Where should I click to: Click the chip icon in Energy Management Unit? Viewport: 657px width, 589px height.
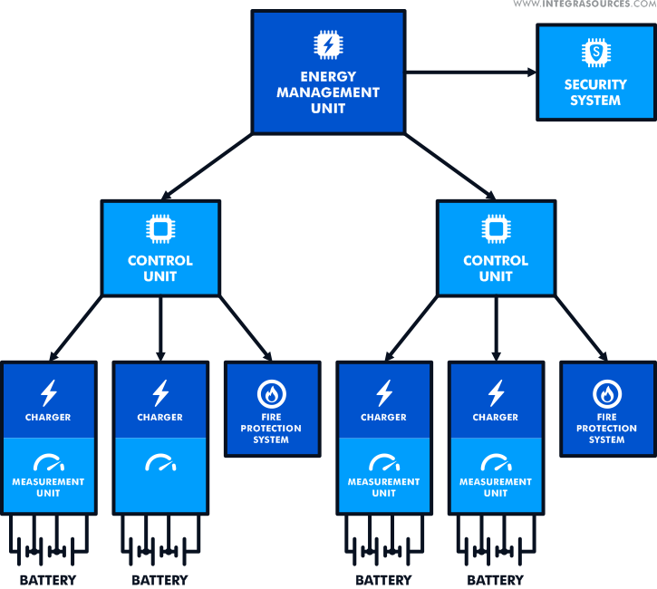(327, 44)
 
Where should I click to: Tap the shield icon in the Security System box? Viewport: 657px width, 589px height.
(595, 55)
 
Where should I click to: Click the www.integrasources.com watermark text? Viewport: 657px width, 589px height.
(584, 5)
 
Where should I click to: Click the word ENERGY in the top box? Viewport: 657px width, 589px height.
(327, 77)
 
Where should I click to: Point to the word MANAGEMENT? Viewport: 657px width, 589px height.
(327, 92)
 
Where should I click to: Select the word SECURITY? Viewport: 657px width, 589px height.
(595, 84)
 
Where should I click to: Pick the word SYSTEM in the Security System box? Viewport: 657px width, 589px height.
(595, 101)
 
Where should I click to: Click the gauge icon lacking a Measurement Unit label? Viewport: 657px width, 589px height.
(160, 463)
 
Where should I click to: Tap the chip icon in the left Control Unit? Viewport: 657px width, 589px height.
(159, 229)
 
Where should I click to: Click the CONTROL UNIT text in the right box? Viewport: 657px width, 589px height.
(495, 268)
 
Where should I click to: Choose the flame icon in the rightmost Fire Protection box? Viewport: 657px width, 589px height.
(606, 393)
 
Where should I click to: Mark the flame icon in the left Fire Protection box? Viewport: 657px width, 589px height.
(271, 393)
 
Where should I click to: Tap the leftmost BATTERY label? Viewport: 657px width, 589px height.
(48, 580)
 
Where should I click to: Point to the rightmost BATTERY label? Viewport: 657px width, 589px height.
(496, 580)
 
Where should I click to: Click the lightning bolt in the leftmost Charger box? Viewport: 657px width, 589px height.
(49, 392)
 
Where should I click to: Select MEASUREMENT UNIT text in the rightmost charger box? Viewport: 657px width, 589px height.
(496, 488)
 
